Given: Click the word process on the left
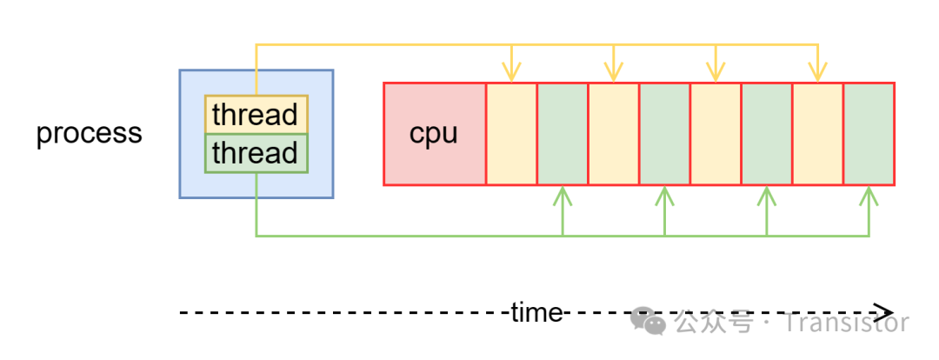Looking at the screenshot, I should coord(89,134).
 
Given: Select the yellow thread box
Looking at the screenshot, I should coord(256,114).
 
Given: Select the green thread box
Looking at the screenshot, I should coord(256,153).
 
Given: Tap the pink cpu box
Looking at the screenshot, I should coord(434,134).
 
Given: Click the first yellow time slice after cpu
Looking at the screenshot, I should coord(511,134).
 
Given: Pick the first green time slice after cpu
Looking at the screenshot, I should coord(563,134).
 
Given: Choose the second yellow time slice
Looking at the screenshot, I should coord(614,134).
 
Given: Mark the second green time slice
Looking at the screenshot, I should coord(665,134).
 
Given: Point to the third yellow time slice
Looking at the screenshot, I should coord(716,134).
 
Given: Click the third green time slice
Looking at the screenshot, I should coord(767,134).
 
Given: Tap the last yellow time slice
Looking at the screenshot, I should coord(818,134).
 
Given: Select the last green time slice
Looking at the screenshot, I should coord(869,134).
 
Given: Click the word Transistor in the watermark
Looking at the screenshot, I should coord(846,323).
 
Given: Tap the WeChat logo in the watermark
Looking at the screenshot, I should coord(649,320).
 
